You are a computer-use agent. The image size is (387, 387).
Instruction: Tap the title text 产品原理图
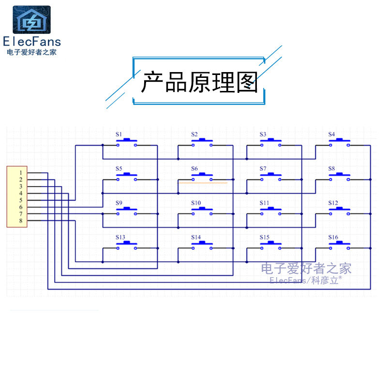coord(199,83)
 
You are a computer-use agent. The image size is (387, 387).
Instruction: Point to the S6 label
coord(194,169)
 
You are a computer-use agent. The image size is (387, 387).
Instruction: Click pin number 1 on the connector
coord(21,173)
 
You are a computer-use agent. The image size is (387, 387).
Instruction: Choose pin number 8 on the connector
coord(21,221)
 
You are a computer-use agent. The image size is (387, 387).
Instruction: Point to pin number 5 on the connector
coord(21,200)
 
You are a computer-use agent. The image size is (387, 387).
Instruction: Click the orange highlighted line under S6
coord(203,183)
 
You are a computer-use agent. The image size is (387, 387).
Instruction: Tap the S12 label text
coord(333,203)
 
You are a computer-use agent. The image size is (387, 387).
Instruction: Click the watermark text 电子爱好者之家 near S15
coord(306,268)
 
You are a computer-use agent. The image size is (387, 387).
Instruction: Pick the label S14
coord(195,238)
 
